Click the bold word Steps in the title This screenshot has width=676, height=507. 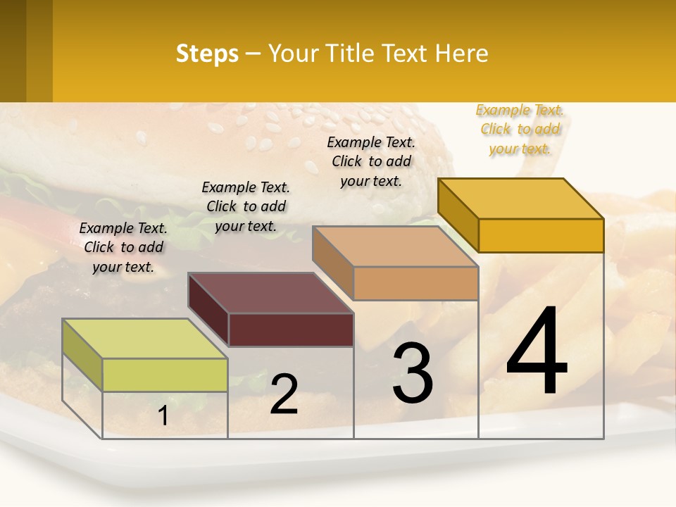click(x=207, y=54)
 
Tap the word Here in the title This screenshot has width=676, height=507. click(x=462, y=54)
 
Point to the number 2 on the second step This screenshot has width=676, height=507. click(x=284, y=394)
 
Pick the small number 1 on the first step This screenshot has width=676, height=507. click(x=163, y=416)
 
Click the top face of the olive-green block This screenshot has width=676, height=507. click(x=144, y=338)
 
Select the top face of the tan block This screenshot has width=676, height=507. click(x=395, y=246)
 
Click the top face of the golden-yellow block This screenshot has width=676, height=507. click(x=520, y=199)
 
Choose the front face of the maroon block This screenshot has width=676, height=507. click(x=291, y=330)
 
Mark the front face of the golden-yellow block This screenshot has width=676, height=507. click(x=541, y=235)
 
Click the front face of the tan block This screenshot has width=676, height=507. click(x=415, y=283)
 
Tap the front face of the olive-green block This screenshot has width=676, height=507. click(x=165, y=375)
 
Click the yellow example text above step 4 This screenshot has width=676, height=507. click(x=520, y=129)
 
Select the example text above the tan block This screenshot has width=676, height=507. click(x=371, y=161)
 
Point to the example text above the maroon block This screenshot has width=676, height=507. click(x=246, y=206)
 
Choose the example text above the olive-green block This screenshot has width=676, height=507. click(x=123, y=247)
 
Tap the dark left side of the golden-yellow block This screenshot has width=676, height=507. click(x=458, y=214)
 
